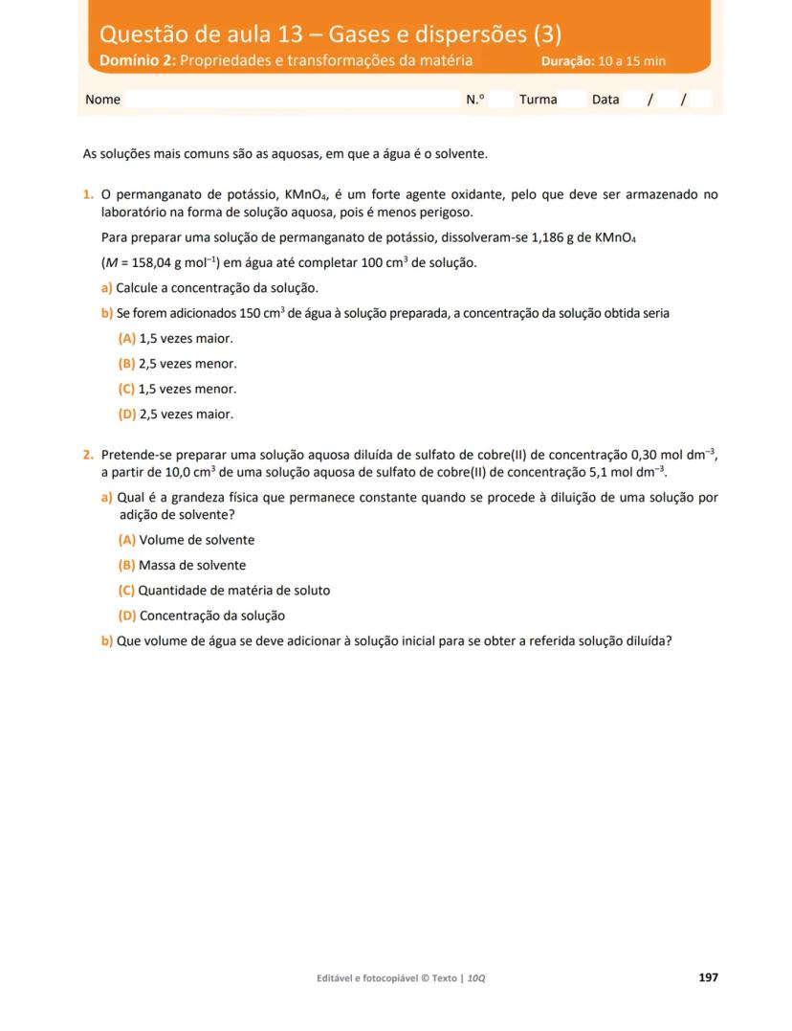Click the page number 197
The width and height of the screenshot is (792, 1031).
708,977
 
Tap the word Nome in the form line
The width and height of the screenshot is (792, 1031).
102,100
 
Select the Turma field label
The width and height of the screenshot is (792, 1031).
538,100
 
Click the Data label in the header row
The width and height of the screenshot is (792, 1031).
605,100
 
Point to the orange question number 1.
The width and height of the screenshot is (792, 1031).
88,195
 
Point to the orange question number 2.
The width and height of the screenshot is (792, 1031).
88,455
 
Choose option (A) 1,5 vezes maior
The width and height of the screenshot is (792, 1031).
175,339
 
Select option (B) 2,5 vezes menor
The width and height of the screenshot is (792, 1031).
177,364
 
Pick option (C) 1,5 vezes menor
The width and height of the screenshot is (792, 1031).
177,390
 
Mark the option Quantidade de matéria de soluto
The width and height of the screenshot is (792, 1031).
224,591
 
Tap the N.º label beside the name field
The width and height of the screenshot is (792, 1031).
475,100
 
